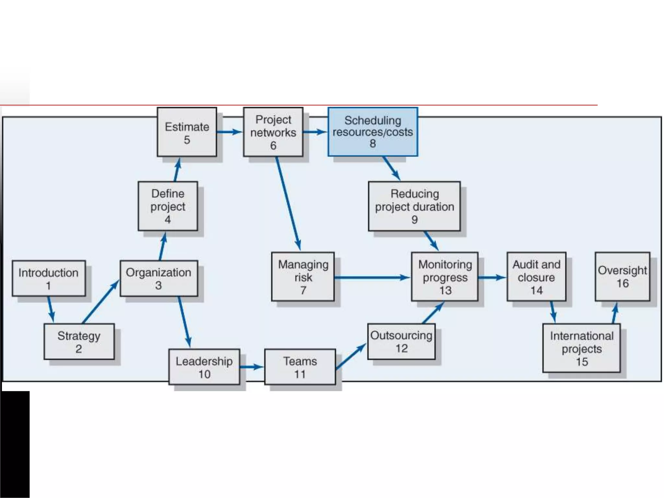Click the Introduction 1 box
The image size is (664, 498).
(x=49, y=278)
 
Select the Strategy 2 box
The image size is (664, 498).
(x=79, y=341)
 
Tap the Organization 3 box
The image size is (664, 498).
(x=159, y=278)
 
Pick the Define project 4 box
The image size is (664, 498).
(x=168, y=206)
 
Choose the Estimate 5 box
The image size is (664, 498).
(x=187, y=132)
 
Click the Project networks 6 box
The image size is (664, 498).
(x=273, y=132)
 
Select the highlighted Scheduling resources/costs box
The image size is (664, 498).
(x=373, y=132)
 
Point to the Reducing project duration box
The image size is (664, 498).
(x=414, y=206)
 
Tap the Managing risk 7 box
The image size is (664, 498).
(x=303, y=277)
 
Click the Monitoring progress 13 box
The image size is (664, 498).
(x=445, y=277)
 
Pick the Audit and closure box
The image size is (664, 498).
(x=536, y=277)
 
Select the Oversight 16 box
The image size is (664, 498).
(x=622, y=277)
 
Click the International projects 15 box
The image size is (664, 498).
(x=581, y=348)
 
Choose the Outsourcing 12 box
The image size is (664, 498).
(x=401, y=341)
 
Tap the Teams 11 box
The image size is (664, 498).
(x=300, y=367)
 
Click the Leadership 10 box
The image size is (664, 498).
(x=204, y=367)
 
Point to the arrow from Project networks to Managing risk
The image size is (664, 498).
(x=288, y=204)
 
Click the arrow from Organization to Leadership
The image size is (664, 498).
(x=184, y=322)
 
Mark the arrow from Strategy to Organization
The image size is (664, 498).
(x=101, y=302)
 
